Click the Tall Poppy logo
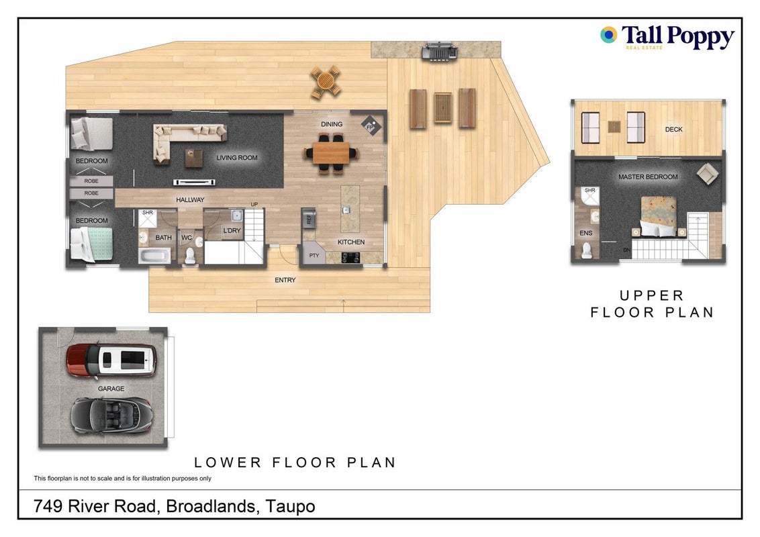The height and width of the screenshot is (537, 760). pos(667,37)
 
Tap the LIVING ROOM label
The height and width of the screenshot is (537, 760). pos(236,158)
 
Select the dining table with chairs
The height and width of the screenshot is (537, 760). pos(332,152)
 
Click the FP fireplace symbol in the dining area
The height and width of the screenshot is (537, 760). pos(371,126)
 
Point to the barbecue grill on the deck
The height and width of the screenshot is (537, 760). pos(439,51)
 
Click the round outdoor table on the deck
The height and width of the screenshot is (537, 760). pos(326,83)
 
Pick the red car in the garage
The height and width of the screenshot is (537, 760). pos(111,361)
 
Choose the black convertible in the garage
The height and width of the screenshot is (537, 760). pos(111,416)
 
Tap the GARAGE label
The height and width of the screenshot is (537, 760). pos(111,389)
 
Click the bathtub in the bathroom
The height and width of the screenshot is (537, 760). pos(154,256)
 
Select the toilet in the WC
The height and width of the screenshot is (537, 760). pos(189,255)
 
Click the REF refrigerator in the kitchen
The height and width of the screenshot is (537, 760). pos(309,217)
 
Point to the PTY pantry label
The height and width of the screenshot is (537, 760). pos(314,256)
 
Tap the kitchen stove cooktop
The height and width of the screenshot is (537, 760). pos(351,257)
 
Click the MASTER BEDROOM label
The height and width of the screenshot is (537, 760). pos(648,177)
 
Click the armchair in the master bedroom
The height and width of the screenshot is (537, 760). pos(708,173)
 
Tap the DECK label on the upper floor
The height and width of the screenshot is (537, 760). pos(673,130)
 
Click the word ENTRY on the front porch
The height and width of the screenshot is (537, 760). pos(285,280)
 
